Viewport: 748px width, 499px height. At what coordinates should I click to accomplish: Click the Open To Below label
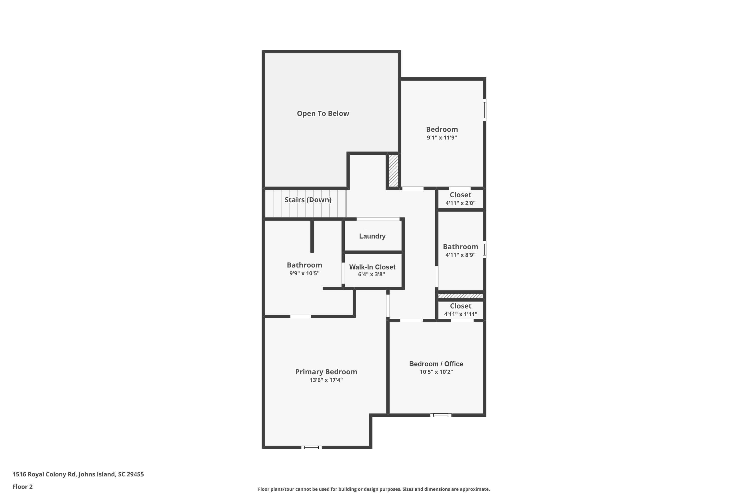click(323, 114)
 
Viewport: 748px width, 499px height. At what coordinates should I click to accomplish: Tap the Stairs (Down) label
click(308, 200)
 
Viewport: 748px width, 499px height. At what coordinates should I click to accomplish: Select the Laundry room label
click(372, 236)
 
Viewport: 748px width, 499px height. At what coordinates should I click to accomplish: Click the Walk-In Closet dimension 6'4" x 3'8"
click(372, 274)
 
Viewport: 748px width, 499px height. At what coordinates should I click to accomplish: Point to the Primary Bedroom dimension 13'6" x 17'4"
click(326, 380)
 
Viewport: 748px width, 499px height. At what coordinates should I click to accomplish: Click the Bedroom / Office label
click(436, 364)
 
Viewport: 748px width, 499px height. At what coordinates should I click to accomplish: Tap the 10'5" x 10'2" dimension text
click(436, 372)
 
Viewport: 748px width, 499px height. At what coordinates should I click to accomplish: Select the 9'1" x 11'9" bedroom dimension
click(442, 138)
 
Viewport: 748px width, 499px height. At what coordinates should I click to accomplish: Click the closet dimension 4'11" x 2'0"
click(460, 203)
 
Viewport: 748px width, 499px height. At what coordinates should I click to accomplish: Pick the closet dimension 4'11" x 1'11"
click(461, 314)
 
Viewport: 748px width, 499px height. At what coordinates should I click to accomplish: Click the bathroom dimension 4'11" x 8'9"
click(460, 255)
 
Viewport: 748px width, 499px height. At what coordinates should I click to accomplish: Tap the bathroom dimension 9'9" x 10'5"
click(304, 273)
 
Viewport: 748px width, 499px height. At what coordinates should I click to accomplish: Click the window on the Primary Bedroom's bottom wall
click(311, 447)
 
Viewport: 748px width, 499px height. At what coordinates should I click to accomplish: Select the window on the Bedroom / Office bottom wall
click(441, 415)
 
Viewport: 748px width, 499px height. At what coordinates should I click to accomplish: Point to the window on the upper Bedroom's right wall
click(484, 110)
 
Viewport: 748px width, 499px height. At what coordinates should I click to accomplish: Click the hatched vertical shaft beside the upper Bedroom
click(393, 171)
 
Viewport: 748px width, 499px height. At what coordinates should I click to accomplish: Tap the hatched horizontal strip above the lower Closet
click(461, 296)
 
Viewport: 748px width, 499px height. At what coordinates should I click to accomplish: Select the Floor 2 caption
click(23, 487)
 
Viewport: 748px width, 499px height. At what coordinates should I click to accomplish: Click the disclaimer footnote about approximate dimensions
click(374, 489)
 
